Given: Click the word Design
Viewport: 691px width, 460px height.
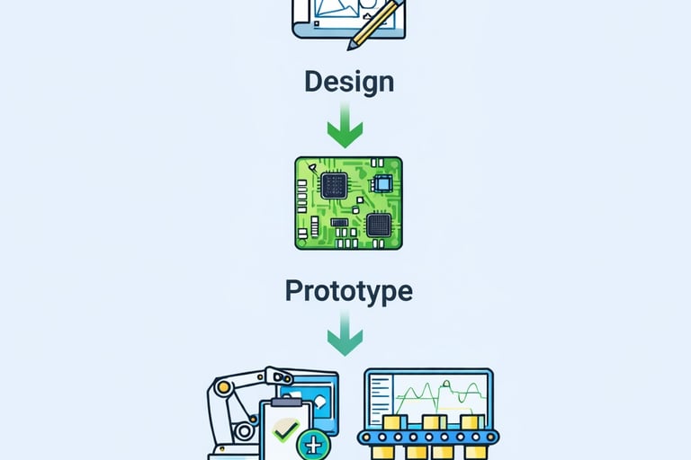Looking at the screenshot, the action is click(x=348, y=82).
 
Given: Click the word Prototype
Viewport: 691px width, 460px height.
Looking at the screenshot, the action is click(x=348, y=290).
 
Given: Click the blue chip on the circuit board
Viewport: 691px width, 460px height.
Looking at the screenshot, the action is click(x=382, y=184).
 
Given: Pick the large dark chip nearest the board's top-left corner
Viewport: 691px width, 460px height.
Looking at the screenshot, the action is click(x=333, y=186).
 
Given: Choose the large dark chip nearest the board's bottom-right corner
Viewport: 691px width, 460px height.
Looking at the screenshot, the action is click(x=378, y=225).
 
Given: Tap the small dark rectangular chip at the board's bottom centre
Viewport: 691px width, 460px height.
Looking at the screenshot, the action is click(x=339, y=221).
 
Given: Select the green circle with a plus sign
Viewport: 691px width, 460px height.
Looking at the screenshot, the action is click(x=314, y=444).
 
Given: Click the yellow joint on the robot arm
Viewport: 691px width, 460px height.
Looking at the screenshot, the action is click(x=223, y=386).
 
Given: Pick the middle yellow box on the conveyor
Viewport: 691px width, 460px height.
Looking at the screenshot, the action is click(x=435, y=423).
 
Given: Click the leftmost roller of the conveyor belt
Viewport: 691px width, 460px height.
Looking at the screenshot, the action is click(x=367, y=438).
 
